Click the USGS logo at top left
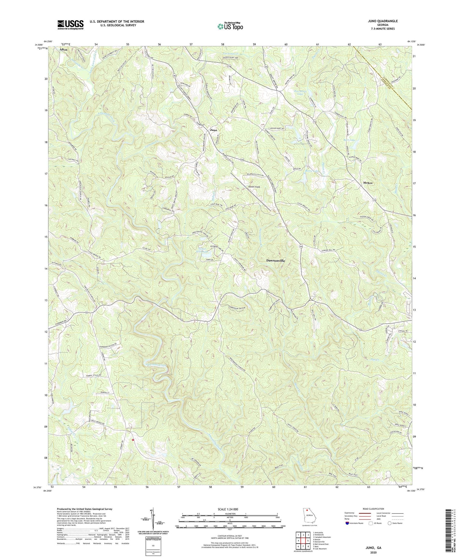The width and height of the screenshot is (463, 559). [x=70, y=24]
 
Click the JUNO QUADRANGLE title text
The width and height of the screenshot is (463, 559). [x=383, y=21]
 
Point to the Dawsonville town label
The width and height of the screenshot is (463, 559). [x=276, y=261]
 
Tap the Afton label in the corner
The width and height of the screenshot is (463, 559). [x=63, y=50]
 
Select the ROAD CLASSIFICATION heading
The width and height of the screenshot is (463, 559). [x=374, y=509]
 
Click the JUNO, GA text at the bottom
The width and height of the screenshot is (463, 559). [x=373, y=548]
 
